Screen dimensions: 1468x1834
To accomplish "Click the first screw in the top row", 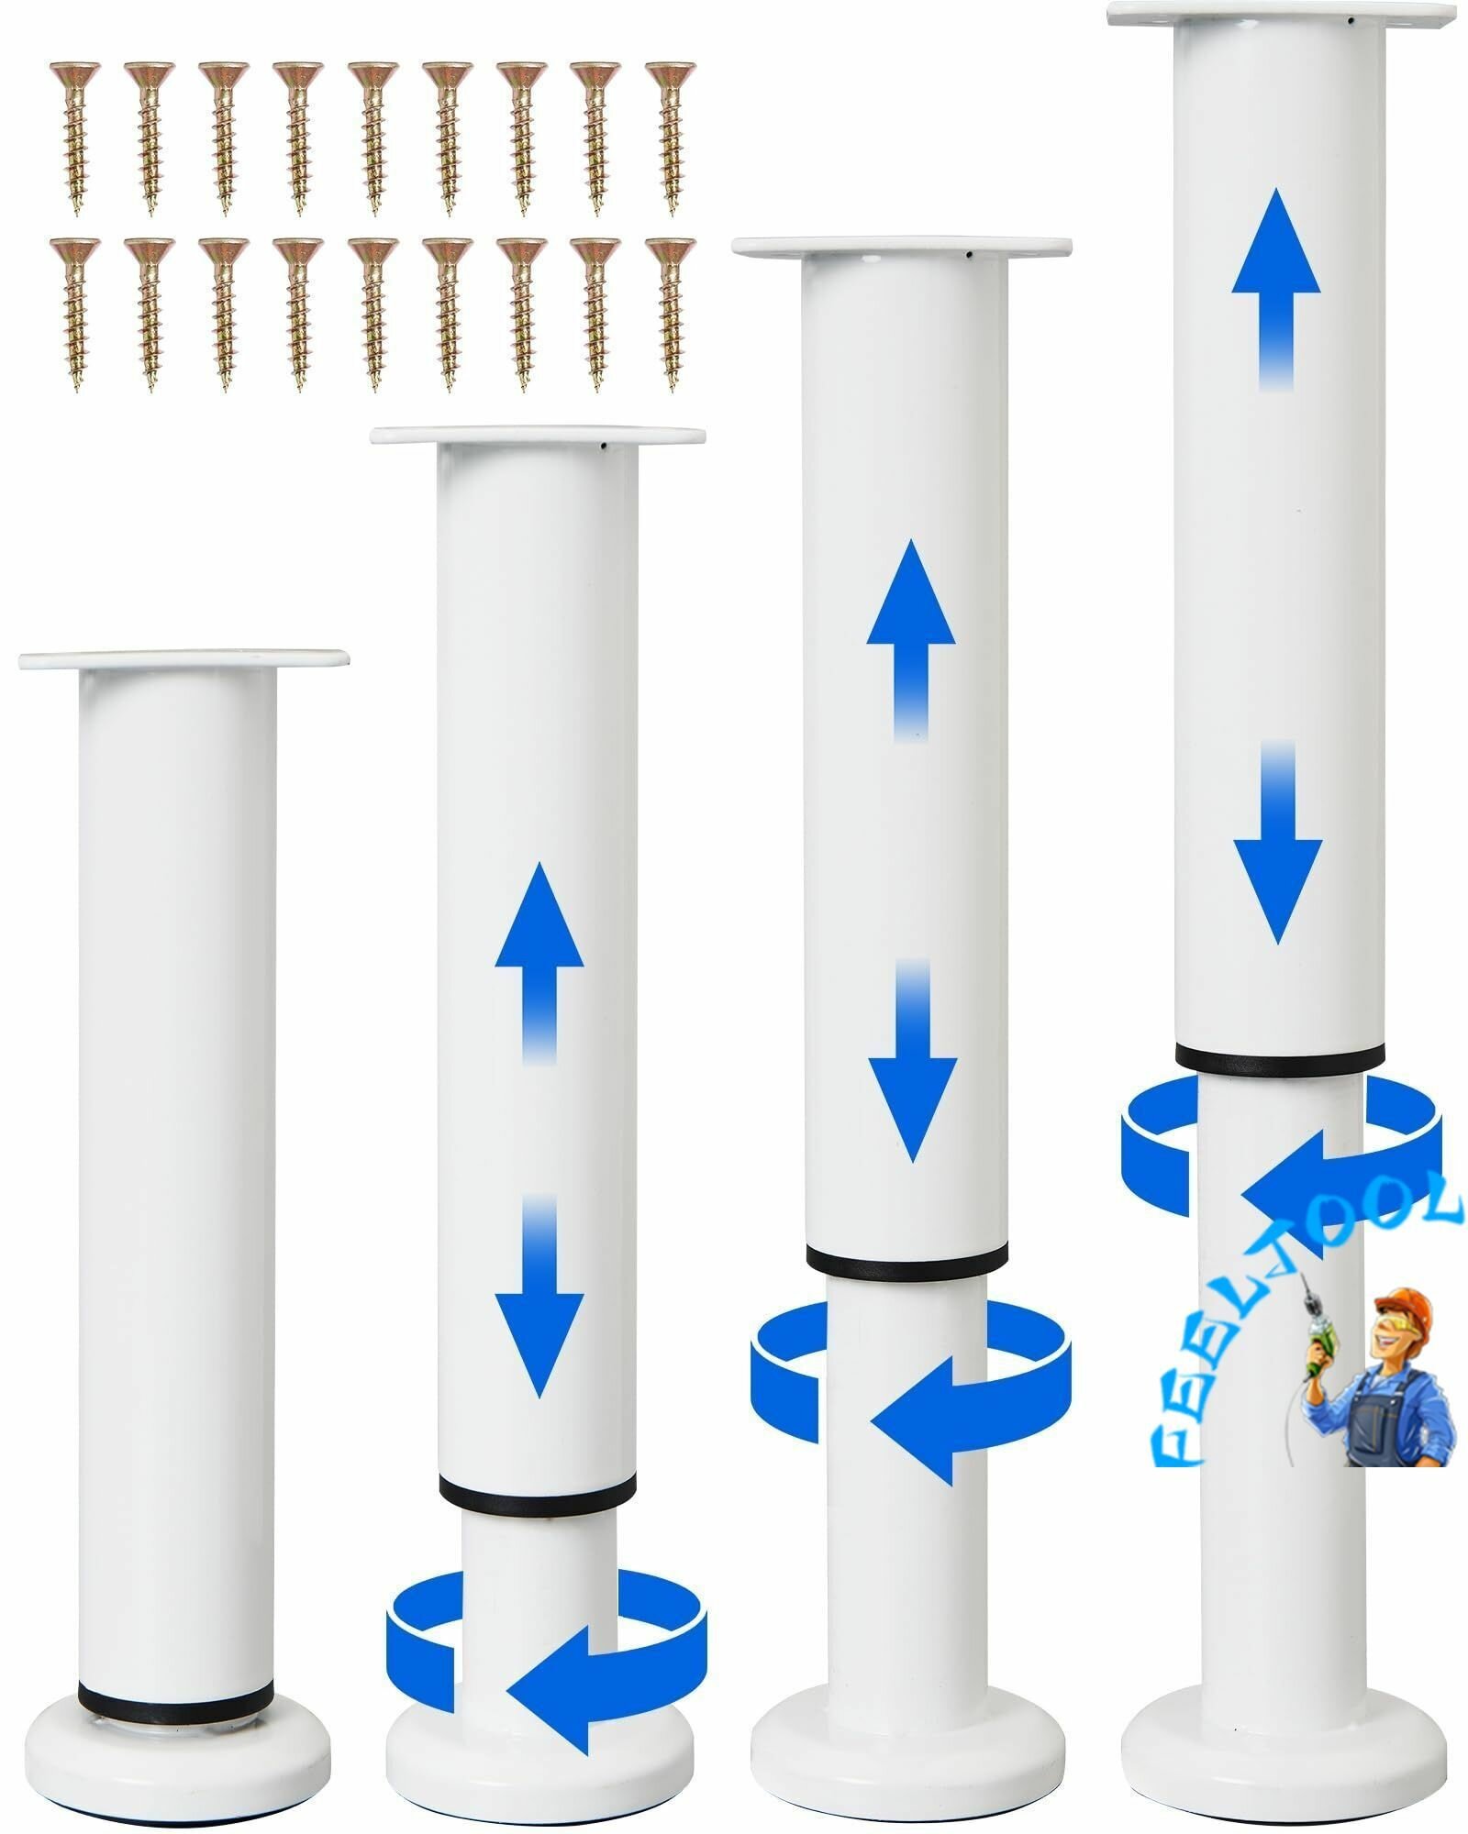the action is [x=74, y=138].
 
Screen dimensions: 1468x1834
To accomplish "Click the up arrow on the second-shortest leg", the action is [x=539, y=963].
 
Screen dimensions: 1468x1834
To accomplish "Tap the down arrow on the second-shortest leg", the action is [x=539, y=1297].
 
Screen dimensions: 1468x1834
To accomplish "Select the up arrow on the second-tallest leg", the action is [x=911, y=640].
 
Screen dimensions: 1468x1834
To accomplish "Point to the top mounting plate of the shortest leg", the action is [x=183, y=657].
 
